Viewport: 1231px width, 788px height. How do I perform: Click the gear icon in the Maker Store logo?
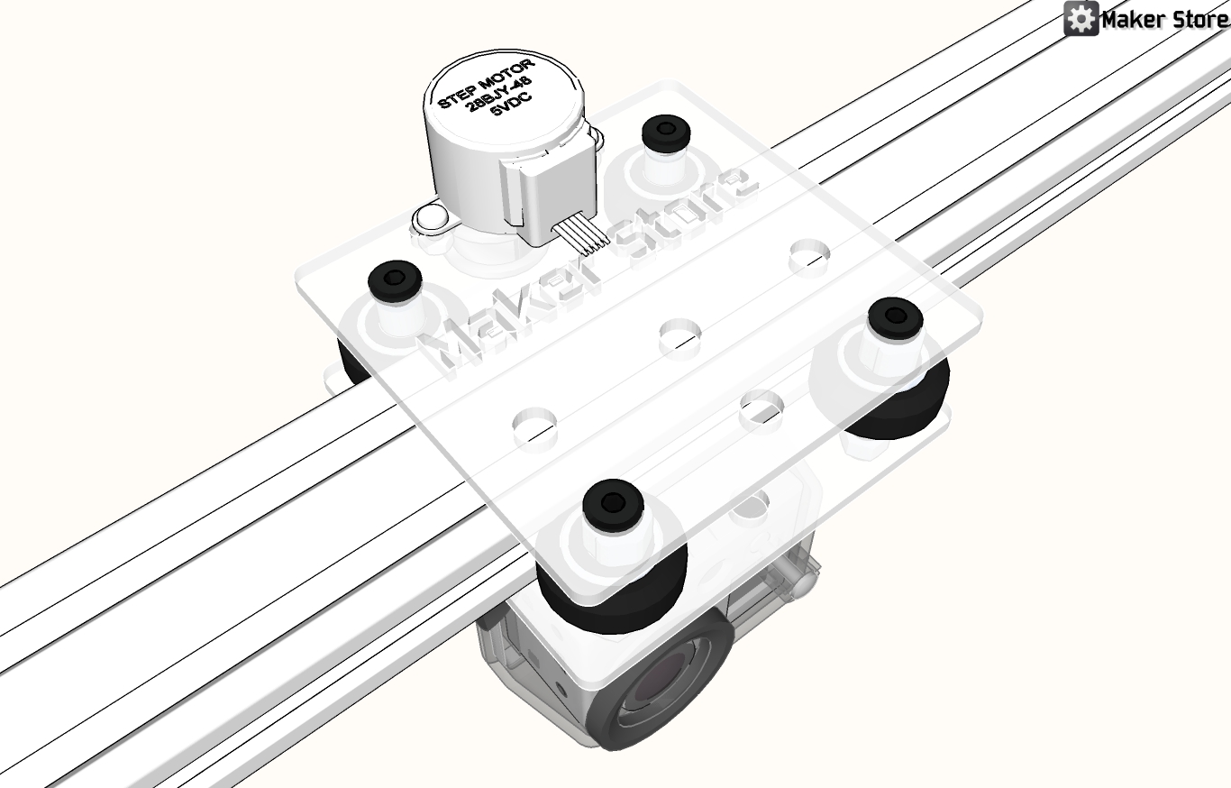click(1081, 19)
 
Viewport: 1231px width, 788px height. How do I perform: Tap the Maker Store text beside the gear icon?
click(1165, 21)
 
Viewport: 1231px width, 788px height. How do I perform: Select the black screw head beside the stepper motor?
click(666, 132)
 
